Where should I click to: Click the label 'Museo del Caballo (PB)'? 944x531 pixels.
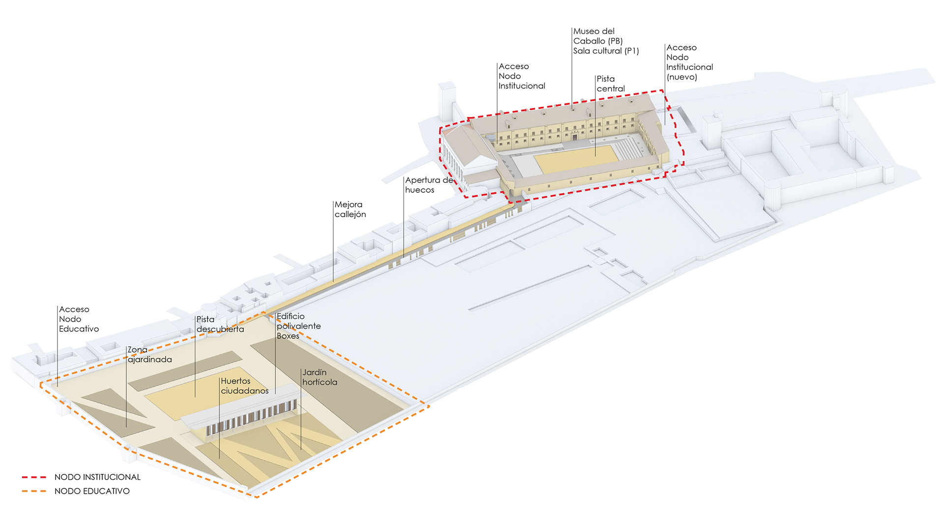597,36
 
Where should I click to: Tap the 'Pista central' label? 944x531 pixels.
610,84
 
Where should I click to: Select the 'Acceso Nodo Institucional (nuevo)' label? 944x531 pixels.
689,62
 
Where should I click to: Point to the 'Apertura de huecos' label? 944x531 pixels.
428,185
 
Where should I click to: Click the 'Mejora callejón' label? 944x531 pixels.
350,209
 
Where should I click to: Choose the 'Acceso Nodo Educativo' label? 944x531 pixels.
79,319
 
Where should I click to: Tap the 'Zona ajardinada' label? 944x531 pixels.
149,354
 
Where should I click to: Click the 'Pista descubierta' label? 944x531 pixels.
220,324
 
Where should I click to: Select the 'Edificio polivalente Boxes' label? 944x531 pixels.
298,326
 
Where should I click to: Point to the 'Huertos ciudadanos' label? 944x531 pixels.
244,386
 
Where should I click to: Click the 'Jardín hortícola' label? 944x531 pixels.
320,377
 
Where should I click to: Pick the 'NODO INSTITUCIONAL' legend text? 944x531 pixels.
97,477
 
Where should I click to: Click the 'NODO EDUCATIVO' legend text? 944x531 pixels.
92,491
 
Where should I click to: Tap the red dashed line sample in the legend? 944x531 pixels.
34,477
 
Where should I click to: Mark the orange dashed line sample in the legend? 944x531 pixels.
34,491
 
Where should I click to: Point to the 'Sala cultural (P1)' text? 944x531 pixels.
606,51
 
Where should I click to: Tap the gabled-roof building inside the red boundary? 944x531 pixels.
467,147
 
